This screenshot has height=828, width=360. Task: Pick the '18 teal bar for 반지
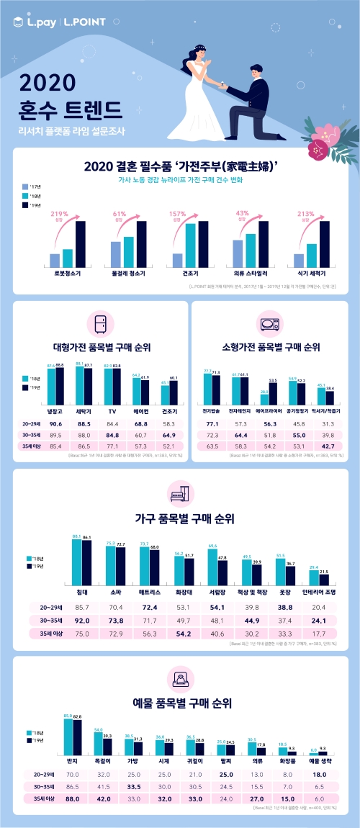[x=68, y=739]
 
